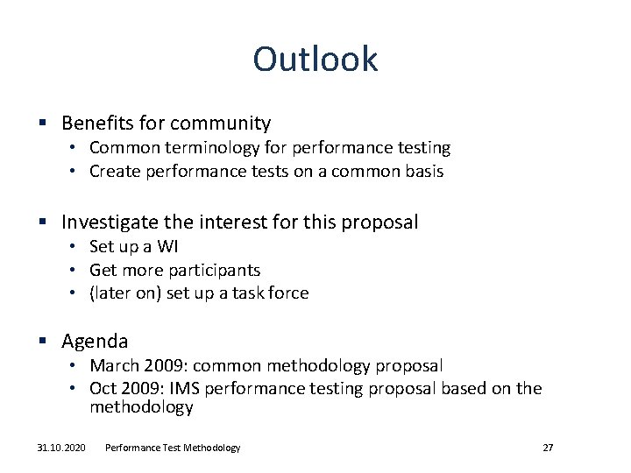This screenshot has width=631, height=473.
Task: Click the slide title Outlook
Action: point(315,60)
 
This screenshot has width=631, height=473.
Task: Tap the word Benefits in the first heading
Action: point(95,124)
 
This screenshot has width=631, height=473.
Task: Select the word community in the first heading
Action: point(220,124)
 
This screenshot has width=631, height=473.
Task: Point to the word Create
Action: point(114,171)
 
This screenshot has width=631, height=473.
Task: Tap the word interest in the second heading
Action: point(259,222)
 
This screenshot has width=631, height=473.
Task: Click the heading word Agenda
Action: point(95,341)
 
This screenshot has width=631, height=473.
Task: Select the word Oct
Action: point(103,388)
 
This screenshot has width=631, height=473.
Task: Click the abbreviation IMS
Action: point(190,388)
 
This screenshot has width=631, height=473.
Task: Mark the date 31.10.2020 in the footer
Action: point(61,448)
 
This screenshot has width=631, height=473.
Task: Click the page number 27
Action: point(548,448)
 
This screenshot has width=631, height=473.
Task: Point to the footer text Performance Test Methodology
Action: point(173,448)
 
